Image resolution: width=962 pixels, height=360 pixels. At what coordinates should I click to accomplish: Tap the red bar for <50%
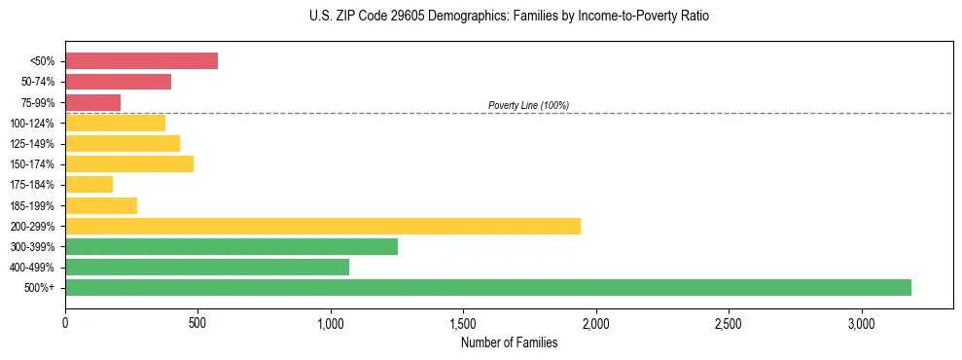click(141, 61)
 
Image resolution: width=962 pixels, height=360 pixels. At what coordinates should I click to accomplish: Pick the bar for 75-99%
click(92, 102)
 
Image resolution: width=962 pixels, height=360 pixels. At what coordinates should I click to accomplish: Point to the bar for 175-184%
click(89, 184)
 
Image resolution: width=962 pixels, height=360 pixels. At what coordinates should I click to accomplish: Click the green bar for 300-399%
click(232, 246)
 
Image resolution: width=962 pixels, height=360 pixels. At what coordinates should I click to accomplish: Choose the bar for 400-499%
click(207, 267)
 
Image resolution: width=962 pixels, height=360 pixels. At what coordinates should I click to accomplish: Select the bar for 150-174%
click(129, 163)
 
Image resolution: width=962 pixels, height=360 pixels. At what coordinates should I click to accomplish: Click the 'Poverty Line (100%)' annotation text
click(528, 105)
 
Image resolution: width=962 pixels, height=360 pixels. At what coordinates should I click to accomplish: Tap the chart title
click(510, 17)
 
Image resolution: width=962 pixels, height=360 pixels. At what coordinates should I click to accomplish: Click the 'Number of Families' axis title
click(509, 342)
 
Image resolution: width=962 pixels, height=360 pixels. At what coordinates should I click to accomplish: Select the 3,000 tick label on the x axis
click(862, 323)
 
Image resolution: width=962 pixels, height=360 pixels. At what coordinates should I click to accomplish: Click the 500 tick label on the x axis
click(197, 323)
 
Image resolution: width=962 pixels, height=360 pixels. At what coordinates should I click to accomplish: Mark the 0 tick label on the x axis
click(65, 323)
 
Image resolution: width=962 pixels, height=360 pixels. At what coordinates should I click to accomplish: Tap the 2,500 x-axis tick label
click(729, 323)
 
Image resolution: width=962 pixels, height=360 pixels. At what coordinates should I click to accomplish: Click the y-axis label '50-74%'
click(38, 82)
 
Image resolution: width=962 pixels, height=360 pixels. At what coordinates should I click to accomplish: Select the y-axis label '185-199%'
click(35, 205)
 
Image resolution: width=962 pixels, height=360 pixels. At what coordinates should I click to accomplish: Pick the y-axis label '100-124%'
click(35, 123)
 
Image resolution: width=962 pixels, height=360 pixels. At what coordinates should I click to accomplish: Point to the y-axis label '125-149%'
click(35, 143)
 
